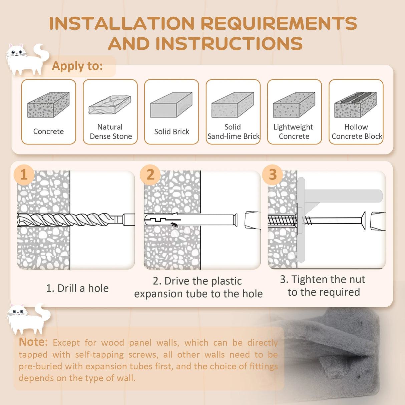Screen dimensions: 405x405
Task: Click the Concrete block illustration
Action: (x=48, y=105)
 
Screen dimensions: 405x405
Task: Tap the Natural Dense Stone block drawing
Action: (x=110, y=105)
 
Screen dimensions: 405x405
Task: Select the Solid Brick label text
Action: (x=171, y=131)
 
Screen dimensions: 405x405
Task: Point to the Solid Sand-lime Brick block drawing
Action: (x=233, y=105)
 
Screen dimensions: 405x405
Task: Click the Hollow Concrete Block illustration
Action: (x=355, y=105)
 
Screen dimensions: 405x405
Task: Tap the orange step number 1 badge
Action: (x=24, y=175)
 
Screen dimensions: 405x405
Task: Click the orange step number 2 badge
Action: (x=150, y=175)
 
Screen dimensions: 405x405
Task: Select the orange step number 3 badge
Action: (x=273, y=175)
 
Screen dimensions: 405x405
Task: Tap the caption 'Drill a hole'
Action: (x=77, y=288)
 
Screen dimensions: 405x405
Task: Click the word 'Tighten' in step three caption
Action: (x=309, y=280)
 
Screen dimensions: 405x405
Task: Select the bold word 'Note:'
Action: (x=33, y=342)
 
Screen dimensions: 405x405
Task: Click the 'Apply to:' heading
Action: (x=77, y=66)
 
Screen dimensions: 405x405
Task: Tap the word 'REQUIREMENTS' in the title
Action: (x=279, y=23)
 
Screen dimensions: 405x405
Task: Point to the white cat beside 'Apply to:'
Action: (x=27, y=59)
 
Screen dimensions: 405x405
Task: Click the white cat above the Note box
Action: (x=28, y=319)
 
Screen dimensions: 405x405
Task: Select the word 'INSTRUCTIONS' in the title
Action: (x=229, y=43)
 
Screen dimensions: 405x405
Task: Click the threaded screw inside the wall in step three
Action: (x=282, y=221)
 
